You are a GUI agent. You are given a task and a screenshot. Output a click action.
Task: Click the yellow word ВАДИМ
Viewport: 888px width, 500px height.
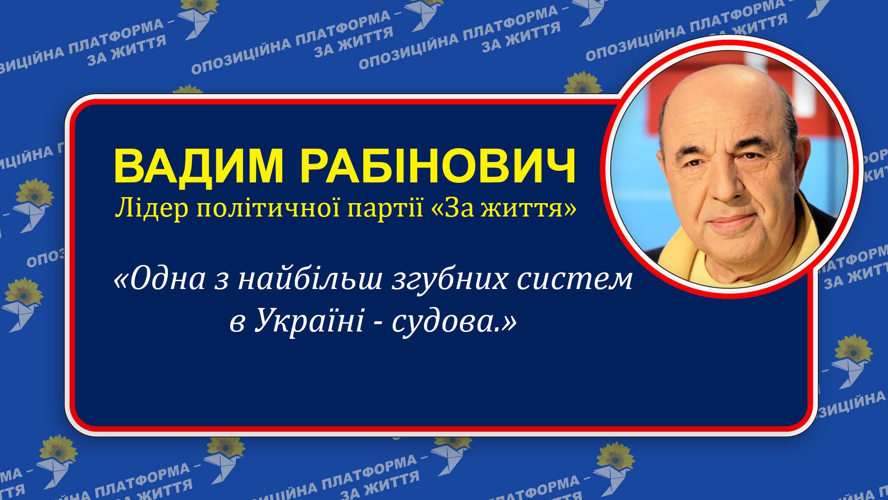point(198,166)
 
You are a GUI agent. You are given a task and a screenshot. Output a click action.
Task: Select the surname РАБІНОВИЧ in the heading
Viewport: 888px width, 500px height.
point(438,166)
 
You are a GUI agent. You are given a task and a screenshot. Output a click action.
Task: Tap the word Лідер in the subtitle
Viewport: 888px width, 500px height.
point(152,208)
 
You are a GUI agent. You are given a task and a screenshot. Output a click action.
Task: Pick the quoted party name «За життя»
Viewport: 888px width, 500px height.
point(503,208)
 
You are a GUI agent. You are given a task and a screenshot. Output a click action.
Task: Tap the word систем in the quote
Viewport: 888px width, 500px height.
point(574,280)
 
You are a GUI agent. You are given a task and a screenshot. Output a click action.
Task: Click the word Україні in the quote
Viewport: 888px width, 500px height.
point(310,320)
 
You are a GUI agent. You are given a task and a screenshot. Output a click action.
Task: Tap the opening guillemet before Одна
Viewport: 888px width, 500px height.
point(121,280)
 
